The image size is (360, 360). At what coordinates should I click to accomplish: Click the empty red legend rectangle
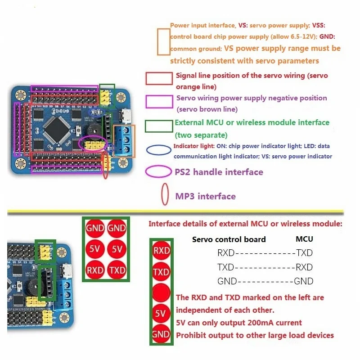pos(159,79)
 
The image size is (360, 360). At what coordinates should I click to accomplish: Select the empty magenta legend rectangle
pos(159,102)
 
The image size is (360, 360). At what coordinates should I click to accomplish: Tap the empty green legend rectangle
pos(158,126)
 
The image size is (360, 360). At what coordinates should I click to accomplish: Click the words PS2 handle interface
pos(219,172)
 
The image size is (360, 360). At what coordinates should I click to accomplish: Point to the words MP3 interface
pos(205,196)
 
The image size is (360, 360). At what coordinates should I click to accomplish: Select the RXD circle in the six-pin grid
pos(95,270)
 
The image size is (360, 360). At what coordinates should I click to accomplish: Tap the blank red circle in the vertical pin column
pos(161,293)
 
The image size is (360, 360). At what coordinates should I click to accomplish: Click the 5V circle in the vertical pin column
pos(161,314)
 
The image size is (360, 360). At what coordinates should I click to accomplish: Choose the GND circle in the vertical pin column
pos(161,334)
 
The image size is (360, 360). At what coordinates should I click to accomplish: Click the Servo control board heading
pos(229,239)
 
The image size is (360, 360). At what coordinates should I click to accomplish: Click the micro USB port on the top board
pos(127,116)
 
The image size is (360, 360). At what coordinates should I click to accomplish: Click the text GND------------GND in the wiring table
pos(265,281)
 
